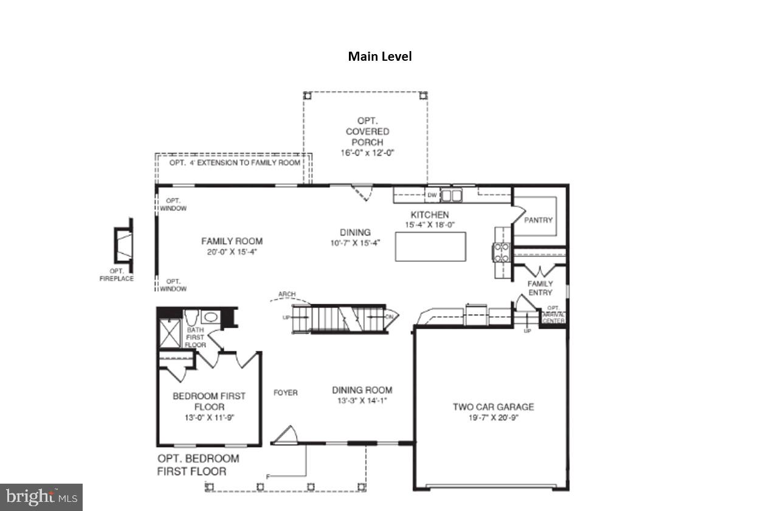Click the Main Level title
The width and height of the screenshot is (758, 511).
[379, 57]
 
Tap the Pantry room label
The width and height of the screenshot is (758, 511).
[538, 220]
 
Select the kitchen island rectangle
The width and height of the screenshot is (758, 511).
[430, 247]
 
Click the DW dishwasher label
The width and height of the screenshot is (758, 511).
[432, 195]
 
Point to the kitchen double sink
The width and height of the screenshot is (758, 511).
[451, 195]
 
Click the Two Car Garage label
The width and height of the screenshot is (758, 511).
[493, 406]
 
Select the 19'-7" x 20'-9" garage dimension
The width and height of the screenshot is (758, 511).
[493, 417]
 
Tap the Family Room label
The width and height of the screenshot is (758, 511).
[232, 241]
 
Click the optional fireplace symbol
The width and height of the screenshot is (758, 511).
[123, 245]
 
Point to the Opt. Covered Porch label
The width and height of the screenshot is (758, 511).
[367, 131]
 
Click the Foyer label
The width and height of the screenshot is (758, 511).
[285, 393]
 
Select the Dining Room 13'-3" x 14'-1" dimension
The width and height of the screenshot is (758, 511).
[362, 400]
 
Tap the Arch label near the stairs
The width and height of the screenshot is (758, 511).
[286, 295]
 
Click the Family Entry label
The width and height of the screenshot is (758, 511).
[540, 288]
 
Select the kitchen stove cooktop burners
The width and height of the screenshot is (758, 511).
[501, 252]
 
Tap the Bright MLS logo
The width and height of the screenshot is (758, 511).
[41, 497]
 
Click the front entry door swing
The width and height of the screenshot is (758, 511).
[284, 436]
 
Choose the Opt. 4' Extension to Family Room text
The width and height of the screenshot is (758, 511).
[235, 163]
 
